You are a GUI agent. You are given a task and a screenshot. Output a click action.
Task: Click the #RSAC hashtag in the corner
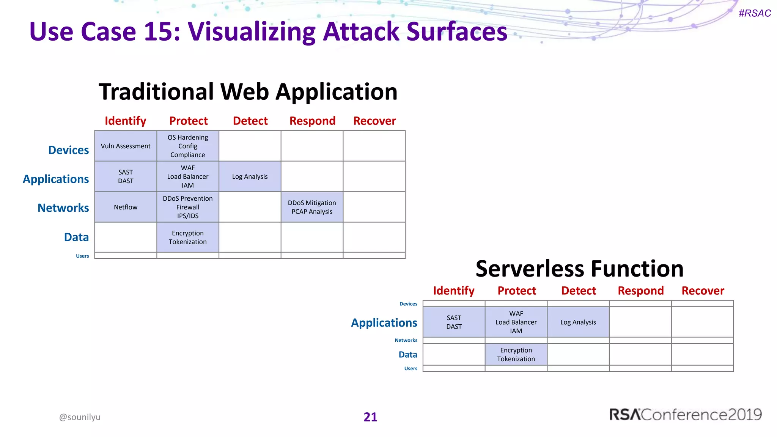(x=755, y=13)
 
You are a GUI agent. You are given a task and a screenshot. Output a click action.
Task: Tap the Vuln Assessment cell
(x=126, y=146)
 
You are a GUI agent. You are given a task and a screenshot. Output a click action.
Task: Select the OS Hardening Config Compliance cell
(x=188, y=146)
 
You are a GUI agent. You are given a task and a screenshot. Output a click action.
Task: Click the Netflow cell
(x=126, y=207)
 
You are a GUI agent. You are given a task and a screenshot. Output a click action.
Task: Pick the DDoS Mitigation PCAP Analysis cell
(x=312, y=207)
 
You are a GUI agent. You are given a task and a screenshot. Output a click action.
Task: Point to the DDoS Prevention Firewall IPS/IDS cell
(x=188, y=207)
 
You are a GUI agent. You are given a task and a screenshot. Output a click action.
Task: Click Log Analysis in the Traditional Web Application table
(x=250, y=176)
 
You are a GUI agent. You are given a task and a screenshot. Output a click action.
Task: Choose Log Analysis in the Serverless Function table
(x=578, y=322)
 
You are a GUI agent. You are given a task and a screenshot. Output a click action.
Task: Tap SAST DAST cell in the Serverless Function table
(x=454, y=322)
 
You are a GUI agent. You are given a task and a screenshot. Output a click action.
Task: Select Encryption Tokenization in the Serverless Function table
(x=516, y=354)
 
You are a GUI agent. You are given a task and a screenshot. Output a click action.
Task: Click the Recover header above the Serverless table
(x=703, y=291)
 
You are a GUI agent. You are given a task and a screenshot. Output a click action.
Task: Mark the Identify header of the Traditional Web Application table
(x=125, y=121)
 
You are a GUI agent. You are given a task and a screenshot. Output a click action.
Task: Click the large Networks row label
(x=63, y=208)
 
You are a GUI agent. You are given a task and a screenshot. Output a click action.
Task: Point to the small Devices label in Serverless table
(x=408, y=304)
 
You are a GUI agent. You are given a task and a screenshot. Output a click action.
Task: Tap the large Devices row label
(x=69, y=150)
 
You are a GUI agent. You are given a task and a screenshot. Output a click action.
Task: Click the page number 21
(x=370, y=417)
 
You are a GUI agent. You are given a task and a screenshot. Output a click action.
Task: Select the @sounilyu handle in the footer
(x=80, y=417)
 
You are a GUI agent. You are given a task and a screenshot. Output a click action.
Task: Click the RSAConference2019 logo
(x=685, y=415)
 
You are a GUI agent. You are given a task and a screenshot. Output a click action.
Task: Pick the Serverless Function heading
(x=579, y=269)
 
